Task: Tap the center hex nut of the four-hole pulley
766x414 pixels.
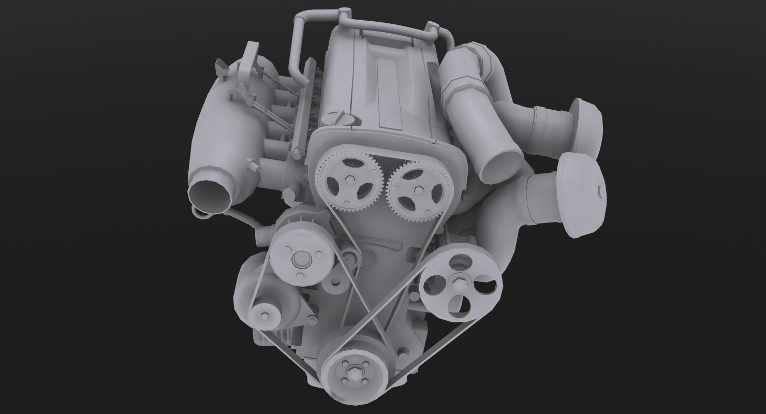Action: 459,282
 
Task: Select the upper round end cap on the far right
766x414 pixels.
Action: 587,124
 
